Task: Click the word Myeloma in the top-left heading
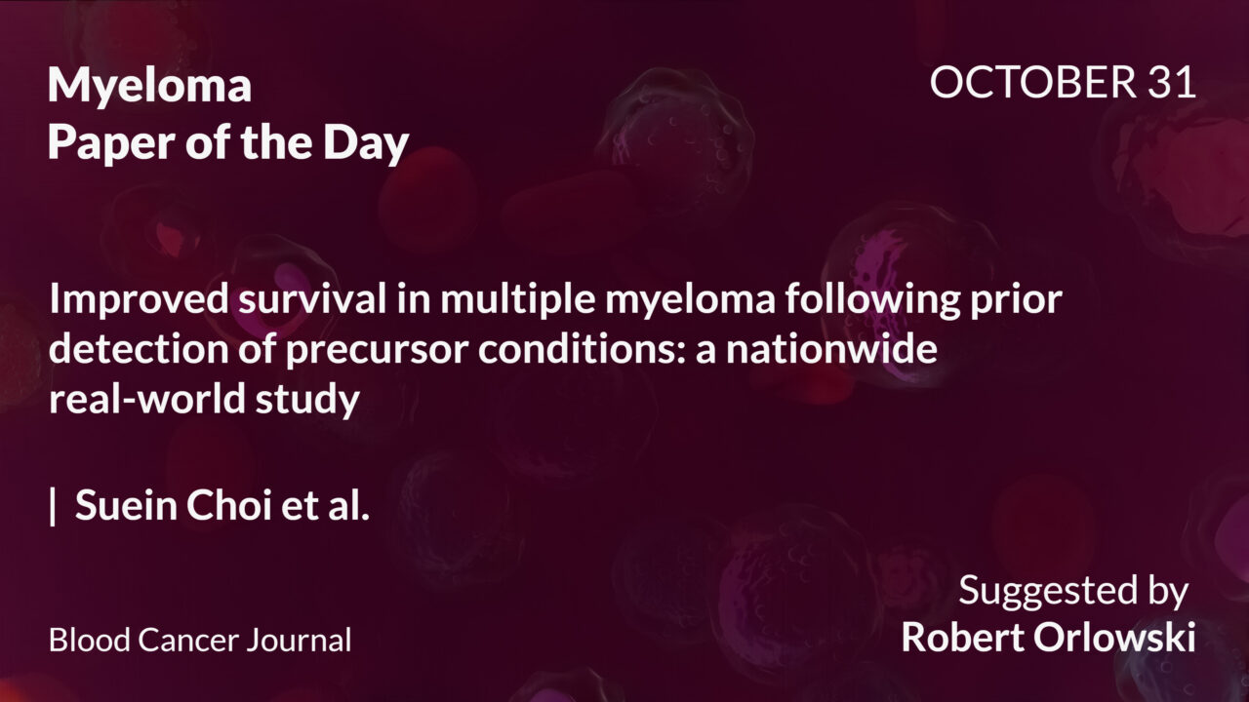[149, 87]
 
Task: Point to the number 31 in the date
[1171, 83]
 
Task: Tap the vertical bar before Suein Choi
[53, 507]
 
